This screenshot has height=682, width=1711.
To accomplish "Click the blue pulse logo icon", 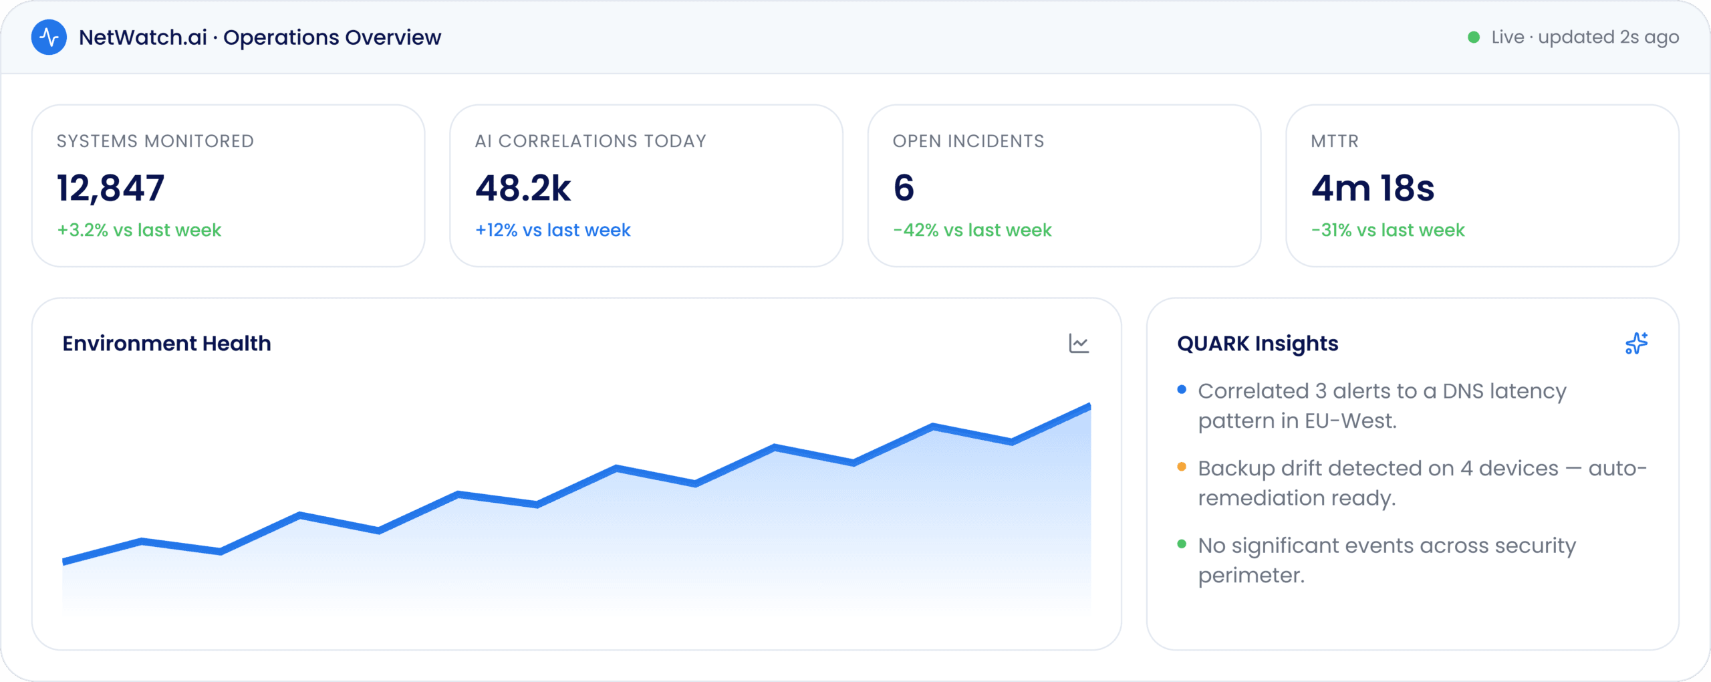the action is coord(49,37).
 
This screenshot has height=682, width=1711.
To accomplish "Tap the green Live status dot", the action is coord(1473,37).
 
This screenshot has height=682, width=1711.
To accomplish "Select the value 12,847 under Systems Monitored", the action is coord(110,188).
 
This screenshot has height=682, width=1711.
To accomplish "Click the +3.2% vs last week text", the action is coord(139,230).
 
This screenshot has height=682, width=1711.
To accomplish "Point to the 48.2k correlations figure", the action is coord(523,188).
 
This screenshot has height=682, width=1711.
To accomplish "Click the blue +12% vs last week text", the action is coord(553,230).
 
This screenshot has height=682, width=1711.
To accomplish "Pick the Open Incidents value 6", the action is coord(904,188).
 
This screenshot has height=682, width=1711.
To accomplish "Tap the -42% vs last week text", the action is coord(972,230).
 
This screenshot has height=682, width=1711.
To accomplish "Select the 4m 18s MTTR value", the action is coord(1373,188).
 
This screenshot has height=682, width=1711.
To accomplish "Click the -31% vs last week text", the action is coord(1388,230).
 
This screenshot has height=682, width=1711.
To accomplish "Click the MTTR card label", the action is coord(1335,141).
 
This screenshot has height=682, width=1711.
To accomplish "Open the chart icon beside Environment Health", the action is coord(1079,344).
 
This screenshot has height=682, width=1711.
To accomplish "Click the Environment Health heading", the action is coord(167,344).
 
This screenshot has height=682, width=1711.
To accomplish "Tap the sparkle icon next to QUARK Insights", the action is coord(1636,343).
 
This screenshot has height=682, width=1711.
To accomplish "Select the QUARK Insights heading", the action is coord(1258,344).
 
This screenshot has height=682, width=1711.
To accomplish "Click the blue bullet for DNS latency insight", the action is coord(1182,389).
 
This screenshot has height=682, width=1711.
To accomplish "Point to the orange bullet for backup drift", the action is coord(1182,467).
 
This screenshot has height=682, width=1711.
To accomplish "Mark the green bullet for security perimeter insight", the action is coord(1182,544).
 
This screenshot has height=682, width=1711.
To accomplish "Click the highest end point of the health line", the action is coord(1090,406).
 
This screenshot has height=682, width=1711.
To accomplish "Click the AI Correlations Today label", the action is coord(591,141).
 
